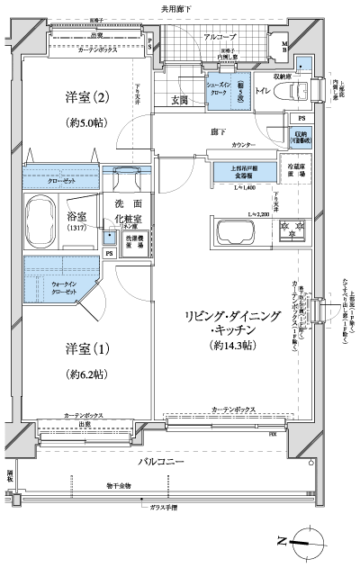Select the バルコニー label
(161, 461)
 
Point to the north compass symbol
(301, 542)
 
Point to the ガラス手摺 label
(165, 508)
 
